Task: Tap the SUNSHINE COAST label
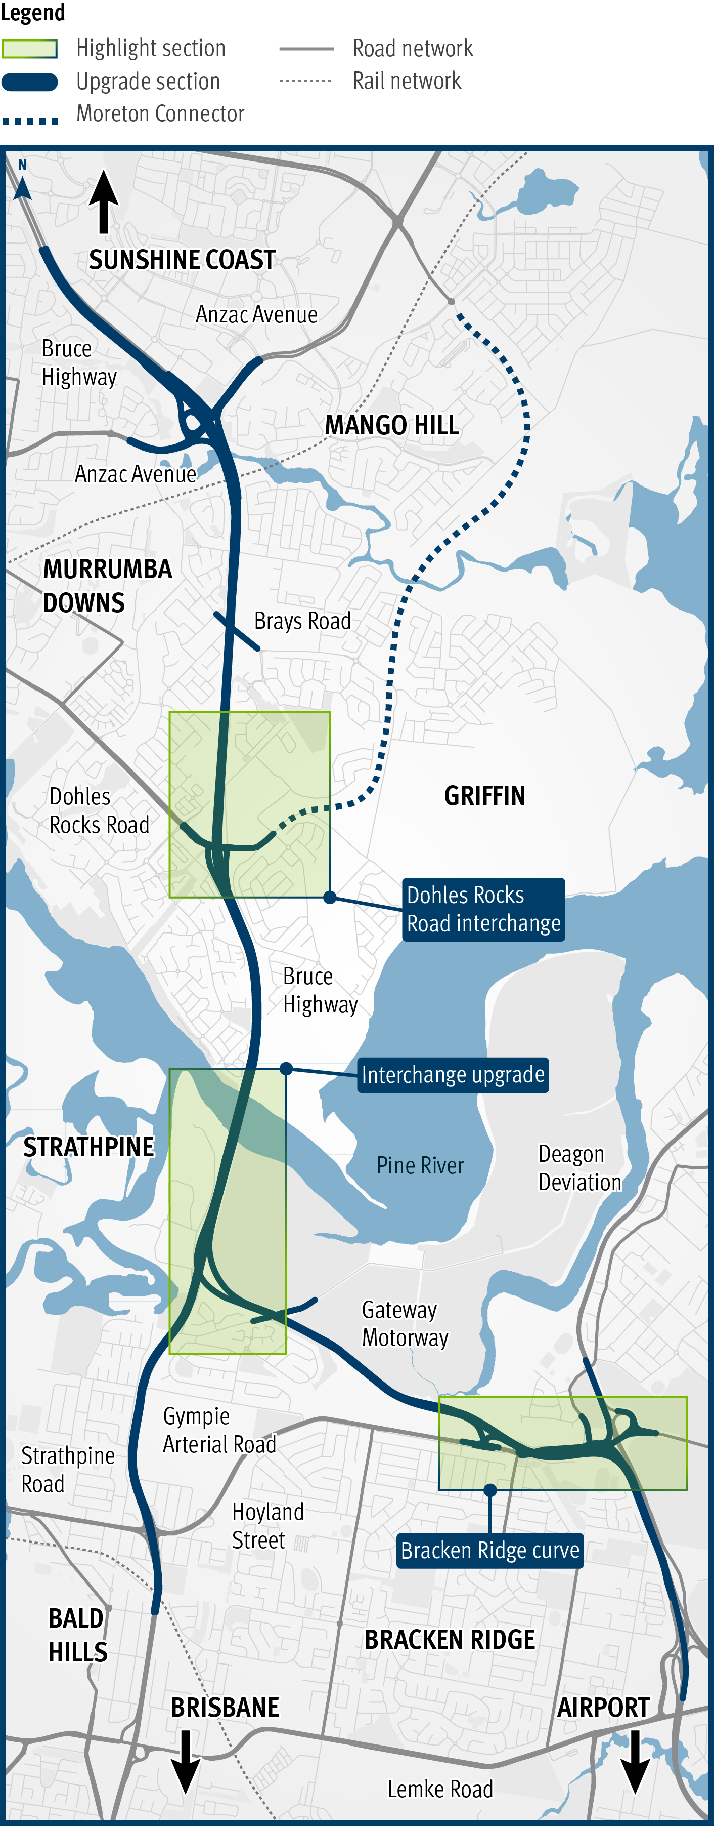coord(182,260)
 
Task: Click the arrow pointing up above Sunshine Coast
coord(104,202)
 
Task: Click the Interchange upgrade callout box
coord(453,1075)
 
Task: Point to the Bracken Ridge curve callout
coord(489,1550)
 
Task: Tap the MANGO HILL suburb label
coord(392,425)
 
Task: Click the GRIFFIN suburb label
coord(484,796)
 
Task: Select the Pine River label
coord(420,1165)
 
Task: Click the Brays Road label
coord(302,621)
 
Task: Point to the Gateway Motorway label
coord(405,1323)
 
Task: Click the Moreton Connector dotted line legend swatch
coord(30,121)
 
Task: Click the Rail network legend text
coord(407,81)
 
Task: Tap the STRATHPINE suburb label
coord(88,1147)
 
